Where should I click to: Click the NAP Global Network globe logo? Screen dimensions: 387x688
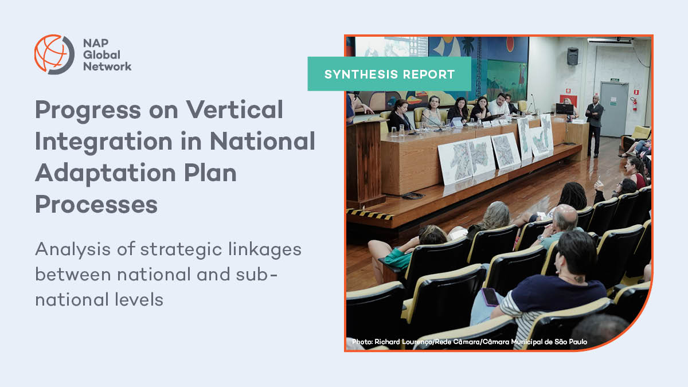(54, 54)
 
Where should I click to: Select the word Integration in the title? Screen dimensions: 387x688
(115, 141)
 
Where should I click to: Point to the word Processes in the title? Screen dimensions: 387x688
(96, 204)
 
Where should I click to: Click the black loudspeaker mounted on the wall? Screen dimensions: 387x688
(572, 56)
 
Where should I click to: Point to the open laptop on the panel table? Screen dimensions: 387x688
(564, 109)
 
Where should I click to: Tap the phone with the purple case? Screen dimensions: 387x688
(490, 296)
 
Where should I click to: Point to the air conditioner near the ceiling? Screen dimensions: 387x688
(609, 41)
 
